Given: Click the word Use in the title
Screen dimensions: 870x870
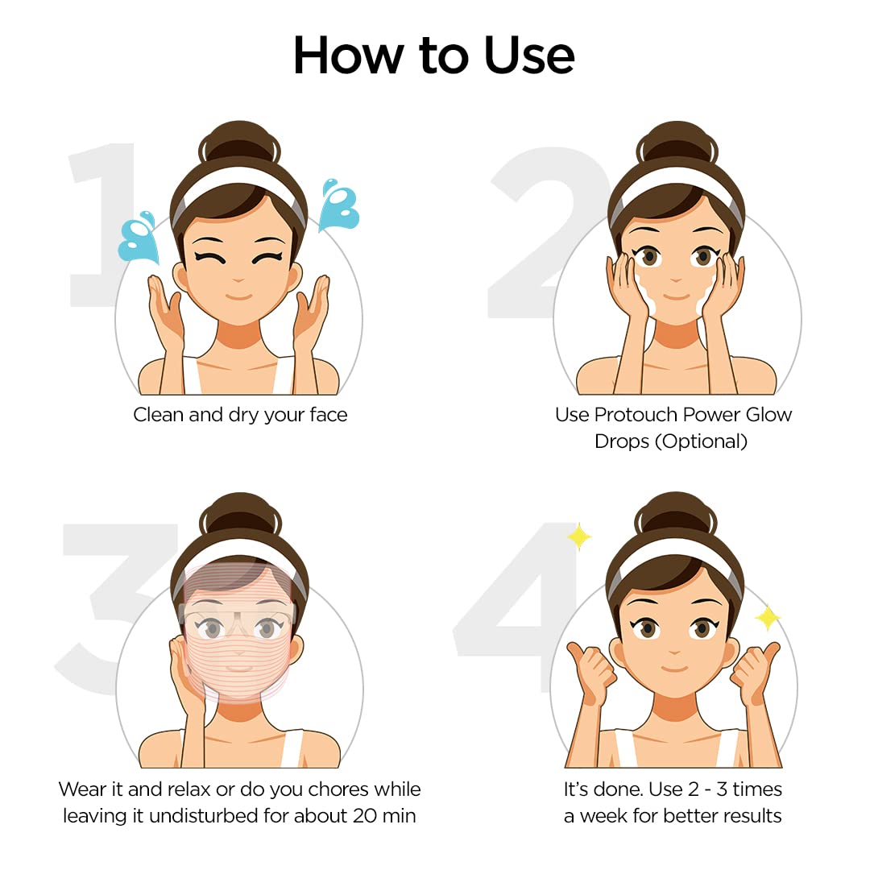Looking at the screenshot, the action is [529, 56].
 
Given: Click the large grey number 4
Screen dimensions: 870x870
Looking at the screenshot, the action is [516, 600].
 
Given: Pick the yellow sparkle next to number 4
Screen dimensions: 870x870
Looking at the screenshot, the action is [578, 536].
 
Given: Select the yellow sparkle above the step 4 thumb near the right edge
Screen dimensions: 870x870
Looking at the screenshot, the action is [767, 618].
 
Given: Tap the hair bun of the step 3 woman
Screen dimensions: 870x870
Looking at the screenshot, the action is [239, 516].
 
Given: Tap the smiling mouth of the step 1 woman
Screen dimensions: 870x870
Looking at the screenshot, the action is [239, 296].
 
